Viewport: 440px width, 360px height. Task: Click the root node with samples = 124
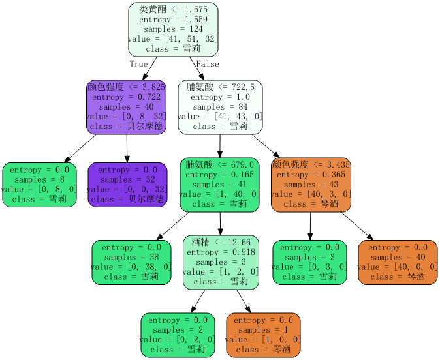pyautogui.click(x=173, y=29)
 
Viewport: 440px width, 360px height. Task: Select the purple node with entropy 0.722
pyautogui.click(x=126, y=107)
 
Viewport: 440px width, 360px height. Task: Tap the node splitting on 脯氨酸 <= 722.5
pyautogui.click(x=220, y=107)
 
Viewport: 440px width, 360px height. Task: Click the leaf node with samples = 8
pyautogui.click(x=39, y=185)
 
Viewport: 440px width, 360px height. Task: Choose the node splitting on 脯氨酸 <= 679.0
pyautogui.click(x=220, y=185)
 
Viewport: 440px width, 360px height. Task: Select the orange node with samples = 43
pyautogui.click(x=311, y=185)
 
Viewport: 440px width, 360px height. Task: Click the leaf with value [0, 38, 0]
pyautogui.click(x=131, y=262)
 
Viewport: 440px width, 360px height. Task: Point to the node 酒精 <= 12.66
pyautogui.click(x=221, y=262)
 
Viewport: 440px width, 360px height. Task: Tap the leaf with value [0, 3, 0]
pyautogui.click(x=309, y=262)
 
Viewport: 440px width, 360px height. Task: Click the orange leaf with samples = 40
pyautogui.click(x=398, y=262)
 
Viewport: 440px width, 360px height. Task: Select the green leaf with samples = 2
pyautogui.click(x=178, y=335)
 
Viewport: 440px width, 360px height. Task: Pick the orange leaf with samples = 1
pyautogui.click(x=264, y=335)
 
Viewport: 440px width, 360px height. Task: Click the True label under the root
pyautogui.click(x=138, y=64)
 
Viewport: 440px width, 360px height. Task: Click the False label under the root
pyautogui.click(x=208, y=64)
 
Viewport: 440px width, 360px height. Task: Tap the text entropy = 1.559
pyautogui.click(x=173, y=20)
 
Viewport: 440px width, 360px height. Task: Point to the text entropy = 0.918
pyautogui.click(x=221, y=252)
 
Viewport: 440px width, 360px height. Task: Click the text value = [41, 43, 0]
pyautogui.click(x=220, y=117)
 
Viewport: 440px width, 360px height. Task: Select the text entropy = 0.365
pyautogui.click(x=311, y=175)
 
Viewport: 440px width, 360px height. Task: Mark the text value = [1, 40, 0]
pyautogui.click(x=220, y=194)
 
